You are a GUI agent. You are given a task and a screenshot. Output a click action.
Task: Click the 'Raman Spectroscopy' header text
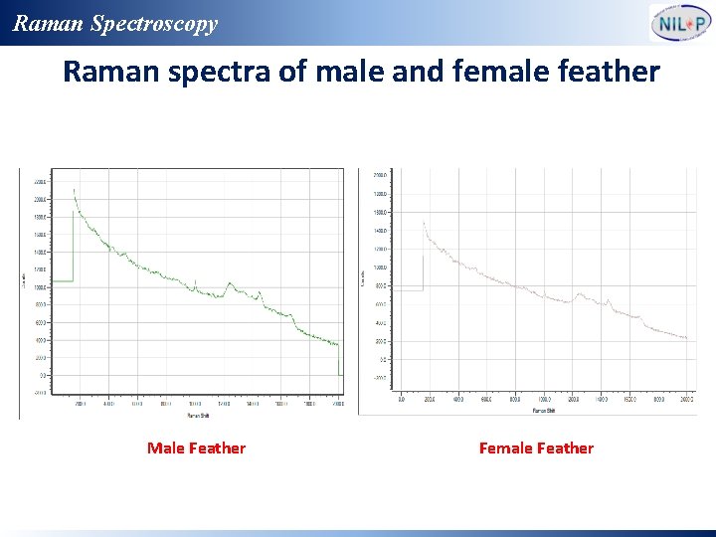pos(114,23)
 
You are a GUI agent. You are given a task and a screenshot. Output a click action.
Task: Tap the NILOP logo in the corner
pos(680,23)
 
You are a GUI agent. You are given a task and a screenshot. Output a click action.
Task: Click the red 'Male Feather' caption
pos(196,448)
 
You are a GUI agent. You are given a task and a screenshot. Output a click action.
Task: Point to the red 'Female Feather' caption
pos(536,448)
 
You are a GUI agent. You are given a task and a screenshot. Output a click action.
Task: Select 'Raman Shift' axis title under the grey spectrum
pos(543,409)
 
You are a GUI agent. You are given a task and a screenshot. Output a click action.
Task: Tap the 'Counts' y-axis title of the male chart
pos(24,281)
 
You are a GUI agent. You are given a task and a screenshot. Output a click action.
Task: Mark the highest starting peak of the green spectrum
pos(75,190)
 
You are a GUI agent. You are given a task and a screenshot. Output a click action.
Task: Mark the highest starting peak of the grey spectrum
pos(425,223)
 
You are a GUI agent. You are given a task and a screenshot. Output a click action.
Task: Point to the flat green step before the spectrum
pos(63,281)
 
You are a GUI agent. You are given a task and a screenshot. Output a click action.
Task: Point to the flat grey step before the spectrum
pos(410,290)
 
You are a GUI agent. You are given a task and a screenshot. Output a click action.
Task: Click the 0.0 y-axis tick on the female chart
pos(383,359)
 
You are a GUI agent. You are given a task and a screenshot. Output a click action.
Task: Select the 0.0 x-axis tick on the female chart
pos(401,399)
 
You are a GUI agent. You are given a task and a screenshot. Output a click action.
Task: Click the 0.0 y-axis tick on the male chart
pos(42,376)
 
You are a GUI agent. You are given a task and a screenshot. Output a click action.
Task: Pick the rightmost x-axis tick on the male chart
pos(338,404)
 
